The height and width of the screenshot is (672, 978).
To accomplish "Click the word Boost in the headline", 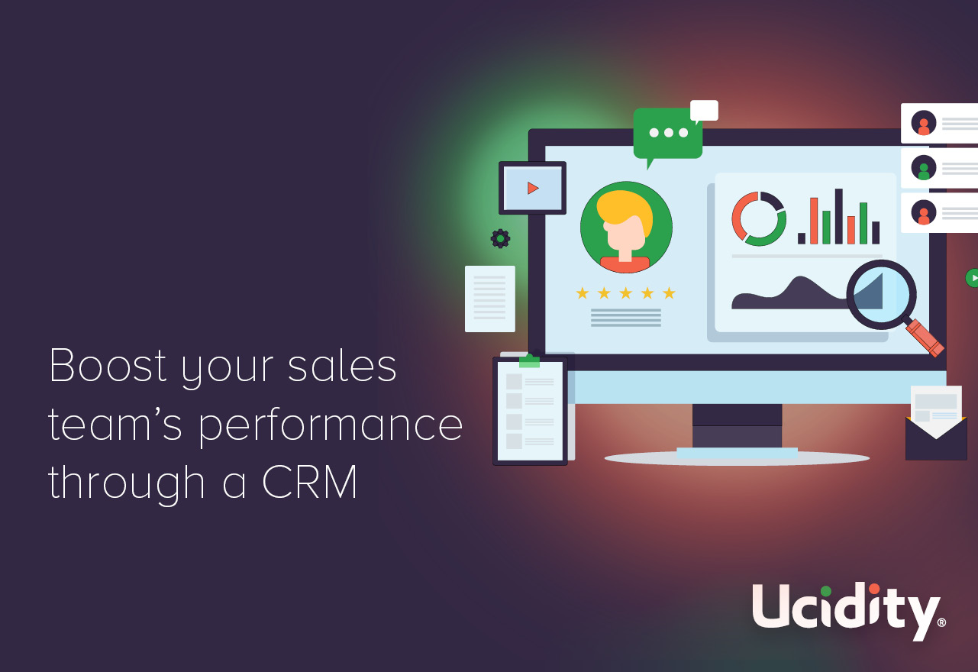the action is click(x=108, y=365).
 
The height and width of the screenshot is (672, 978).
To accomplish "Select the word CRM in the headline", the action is click(x=309, y=482).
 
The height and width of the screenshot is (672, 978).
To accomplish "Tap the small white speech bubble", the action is click(x=704, y=111).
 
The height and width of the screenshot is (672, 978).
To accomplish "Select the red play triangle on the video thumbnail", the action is click(x=533, y=188).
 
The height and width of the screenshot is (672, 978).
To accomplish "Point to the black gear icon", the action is click(x=500, y=239).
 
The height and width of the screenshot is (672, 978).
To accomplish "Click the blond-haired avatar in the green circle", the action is click(x=626, y=227).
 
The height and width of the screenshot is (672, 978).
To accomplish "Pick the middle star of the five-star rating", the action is click(x=625, y=292).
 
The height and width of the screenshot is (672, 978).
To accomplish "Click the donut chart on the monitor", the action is click(x=759, y=218).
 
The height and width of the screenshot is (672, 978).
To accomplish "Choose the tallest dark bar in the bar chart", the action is click(x=839, y=216).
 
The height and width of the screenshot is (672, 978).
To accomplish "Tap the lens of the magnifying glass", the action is click(x=882, y=295).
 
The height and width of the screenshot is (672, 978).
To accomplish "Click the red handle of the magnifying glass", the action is click(x=925, y=338).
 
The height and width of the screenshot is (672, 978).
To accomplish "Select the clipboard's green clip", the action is click(x=529, y=361).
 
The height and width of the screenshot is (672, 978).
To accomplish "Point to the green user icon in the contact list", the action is click(x=924, y=168).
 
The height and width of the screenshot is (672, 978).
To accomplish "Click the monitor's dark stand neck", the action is click(x=737, y=426).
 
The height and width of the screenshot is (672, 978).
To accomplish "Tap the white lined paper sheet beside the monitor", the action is click(x=490, y=299).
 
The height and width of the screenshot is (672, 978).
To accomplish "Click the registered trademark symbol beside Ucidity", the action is click(x=942, y=622).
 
